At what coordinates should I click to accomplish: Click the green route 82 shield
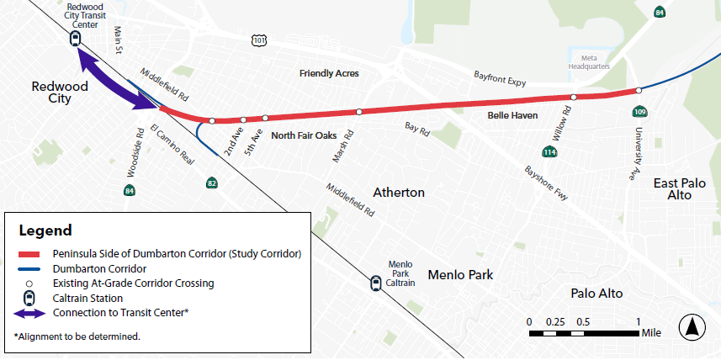point(212,183)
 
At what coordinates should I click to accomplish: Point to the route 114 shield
point(549,152)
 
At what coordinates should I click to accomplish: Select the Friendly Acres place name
point(329,74)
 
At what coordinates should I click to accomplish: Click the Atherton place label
point(400,193)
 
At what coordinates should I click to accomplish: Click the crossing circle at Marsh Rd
point(359,112)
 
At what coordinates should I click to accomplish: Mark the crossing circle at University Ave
point(639,90)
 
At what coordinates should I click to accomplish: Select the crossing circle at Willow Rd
point(573,98)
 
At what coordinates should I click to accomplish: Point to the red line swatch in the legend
point(30,253)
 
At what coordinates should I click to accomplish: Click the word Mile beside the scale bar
point(652,333)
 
